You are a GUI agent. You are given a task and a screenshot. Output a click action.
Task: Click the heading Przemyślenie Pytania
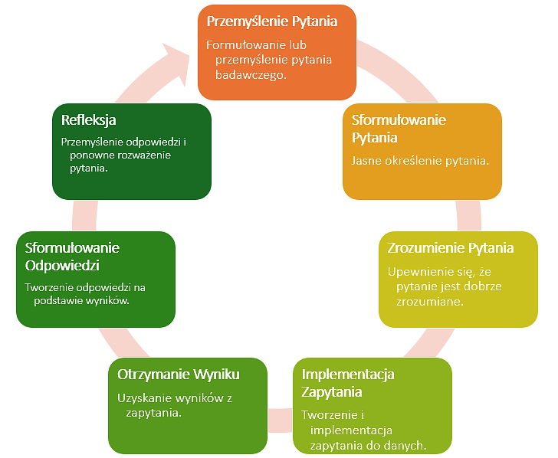tap(272, 21)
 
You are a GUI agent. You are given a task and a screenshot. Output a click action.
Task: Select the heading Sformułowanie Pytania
tap(399, 129)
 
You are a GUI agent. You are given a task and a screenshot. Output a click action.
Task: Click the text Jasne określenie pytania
tap(420, 161)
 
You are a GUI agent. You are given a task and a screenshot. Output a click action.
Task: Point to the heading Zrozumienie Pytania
tap(451, 248)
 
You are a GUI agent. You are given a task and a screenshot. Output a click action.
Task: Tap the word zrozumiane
tap(428, 302)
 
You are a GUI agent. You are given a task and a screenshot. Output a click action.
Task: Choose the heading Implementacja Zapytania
tap(348, 383)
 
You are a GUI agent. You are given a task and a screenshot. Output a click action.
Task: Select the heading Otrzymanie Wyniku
tap(179, 375)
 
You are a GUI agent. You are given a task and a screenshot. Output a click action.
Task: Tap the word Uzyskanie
tap(143, 398)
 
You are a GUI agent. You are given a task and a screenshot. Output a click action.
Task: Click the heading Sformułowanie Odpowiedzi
tap(72, 257)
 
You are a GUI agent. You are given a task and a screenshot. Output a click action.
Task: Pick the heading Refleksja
tap(89, 120)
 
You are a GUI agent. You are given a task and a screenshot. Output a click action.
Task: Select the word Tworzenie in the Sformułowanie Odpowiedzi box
tap(51, 287)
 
